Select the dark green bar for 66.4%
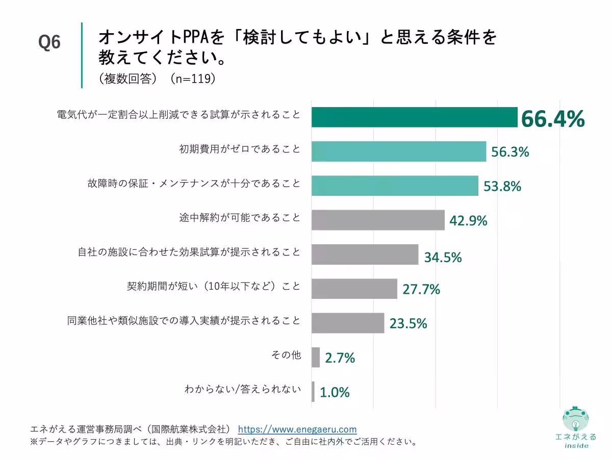pyautogui.click(x=414, y=117)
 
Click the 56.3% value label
pyautogui.click(x=510, y=152)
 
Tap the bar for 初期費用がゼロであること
pyautogui.click(x=399, y=151)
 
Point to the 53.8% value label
pyautogui.click(x=502, y=186)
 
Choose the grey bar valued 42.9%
pyautogui.click(x=378, y=220)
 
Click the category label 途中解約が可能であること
pyautogui.click(x=239, y=218)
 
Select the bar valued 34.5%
pyautogui.click(x=365, y=254)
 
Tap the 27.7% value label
pyautogui.click(x=421, y=290)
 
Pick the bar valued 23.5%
pyautogui.click(x=348, y=323)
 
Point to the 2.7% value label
pyautogui.click(x=340, y=358)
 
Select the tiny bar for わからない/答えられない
pyautogui.click(x=313, y=392)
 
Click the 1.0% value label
pyautogui.click(x=335, y=392)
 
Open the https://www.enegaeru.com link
pyautogui.click(x=297, y=429)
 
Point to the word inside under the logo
pyautogui.click(x=576, y=445)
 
